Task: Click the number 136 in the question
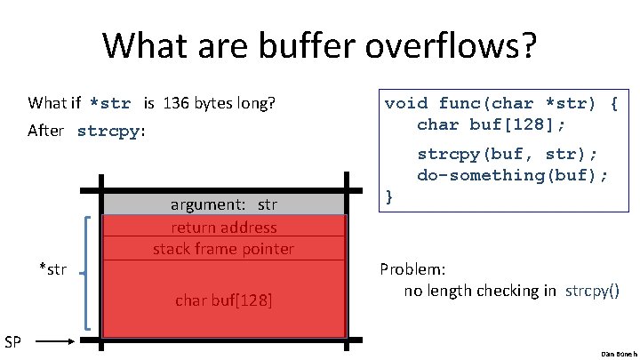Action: click(173, 103)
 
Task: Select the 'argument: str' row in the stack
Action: click(223, 204)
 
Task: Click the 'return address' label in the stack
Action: click(223, 227)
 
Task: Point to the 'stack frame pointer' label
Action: click(223, 248)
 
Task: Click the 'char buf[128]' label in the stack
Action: click(223, 300)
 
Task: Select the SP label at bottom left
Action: click(13, 340)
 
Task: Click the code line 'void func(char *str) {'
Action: click(500, 103)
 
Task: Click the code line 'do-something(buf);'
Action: click(513, 174)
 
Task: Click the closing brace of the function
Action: click(388, 195)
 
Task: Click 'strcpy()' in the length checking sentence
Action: click(592, 291)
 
